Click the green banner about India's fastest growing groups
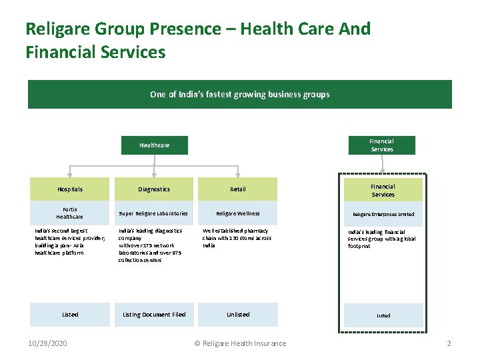[239, 94]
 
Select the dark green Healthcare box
[154, 145]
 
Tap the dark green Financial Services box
[381, 145]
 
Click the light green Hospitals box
[69, 189]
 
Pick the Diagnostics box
[154, 189]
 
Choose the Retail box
[237, 189]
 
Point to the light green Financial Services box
[383, 191]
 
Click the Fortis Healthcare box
[69, 213]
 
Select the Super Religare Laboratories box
[154, 213]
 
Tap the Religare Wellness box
[237, 213]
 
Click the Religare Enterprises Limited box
[383, 215]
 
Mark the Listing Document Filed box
[154, 315]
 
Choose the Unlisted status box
[237, 315]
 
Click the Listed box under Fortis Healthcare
[69, 315]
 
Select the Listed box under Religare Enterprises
[383, 315]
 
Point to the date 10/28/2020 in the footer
[47, 343]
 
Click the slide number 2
[449, 343]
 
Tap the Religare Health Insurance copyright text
[240, 343]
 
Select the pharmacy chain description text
[237, 238]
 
